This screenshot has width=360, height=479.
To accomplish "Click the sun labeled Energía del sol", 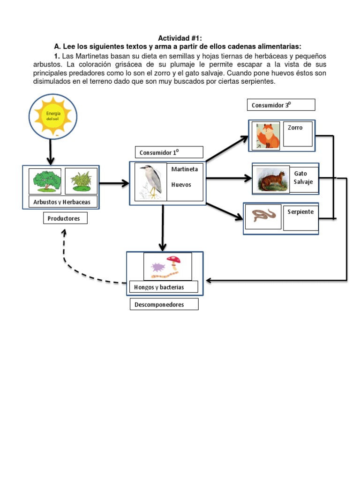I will coord(53,116).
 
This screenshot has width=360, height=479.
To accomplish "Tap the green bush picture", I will coord(45,181).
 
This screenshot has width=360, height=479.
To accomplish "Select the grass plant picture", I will coord(81,181).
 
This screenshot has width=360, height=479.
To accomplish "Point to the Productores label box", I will coord(65,218).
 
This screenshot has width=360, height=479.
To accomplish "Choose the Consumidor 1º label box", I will coord(169,152).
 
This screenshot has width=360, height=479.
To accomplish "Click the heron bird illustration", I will coord(151,181).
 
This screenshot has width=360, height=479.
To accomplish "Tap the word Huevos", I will coord(181,185).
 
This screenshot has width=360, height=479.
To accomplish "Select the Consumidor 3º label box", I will coord(281,105).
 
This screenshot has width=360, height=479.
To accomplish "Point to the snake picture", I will coord(264,216).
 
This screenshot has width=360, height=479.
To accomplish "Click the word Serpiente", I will coord(300,212).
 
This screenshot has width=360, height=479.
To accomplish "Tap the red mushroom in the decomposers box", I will coord(174,260).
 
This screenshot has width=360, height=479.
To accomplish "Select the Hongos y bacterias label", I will coord(163,287).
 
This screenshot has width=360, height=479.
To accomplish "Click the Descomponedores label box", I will coord(164,305).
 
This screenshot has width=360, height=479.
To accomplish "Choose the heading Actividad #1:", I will coord(180,38).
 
